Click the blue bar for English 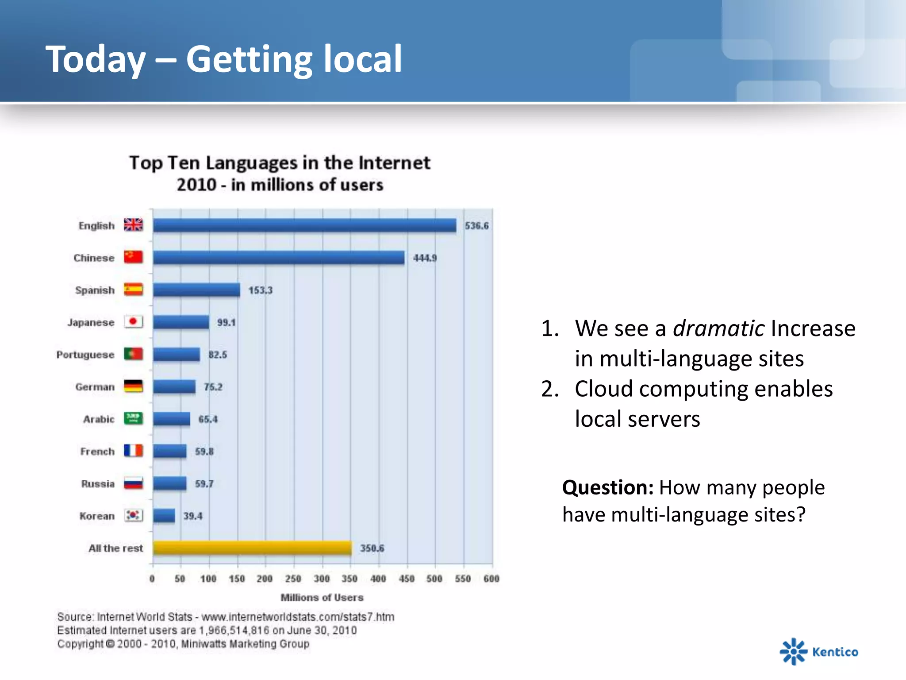(304, 225)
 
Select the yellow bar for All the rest (252, 548)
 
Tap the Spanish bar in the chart (196, 290)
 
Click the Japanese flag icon (133, 322)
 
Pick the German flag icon (133, 386)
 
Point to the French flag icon (133, 451)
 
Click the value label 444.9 (425, 258)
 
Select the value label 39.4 (193, 516)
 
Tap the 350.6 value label (372, 548)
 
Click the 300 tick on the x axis (322, 579)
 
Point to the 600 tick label (491, 579)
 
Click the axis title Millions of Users (322, 598)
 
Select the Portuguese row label (85, 355)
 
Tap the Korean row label (97, 516)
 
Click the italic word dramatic (718, 328)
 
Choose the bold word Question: (608, 487)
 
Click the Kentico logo (819, 652)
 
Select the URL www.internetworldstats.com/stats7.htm (298, 617)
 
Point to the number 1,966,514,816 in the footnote (234, 630)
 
